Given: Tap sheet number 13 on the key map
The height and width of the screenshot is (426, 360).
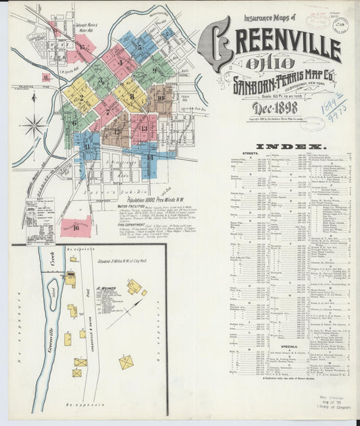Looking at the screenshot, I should click(143, 126).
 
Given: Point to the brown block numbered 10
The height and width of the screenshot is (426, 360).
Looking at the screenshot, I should click(160, 97).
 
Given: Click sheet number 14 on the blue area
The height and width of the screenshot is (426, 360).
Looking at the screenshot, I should click(150, 157).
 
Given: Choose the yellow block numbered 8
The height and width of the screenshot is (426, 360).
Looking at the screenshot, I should click(132, 95).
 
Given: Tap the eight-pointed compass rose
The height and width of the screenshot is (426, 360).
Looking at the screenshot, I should click(32, 125).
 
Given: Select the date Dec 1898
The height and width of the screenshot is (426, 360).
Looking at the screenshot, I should click(276, 108).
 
